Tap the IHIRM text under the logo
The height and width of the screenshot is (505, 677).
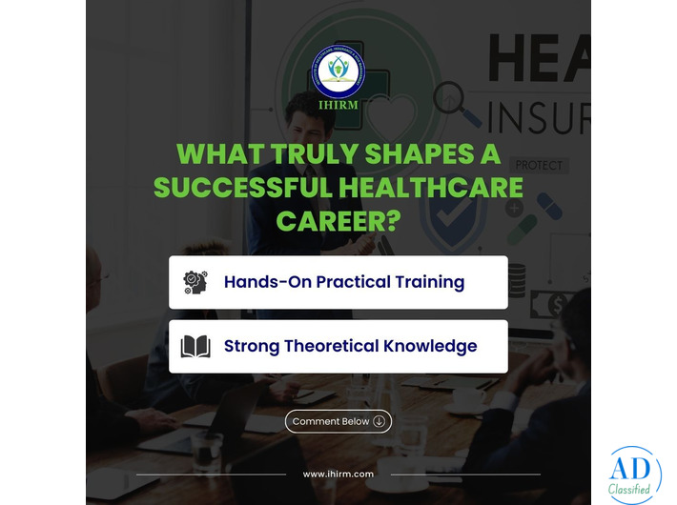click(338, 106)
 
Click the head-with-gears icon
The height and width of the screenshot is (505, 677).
click(195, 282)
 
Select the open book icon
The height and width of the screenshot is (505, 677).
click(195, 347)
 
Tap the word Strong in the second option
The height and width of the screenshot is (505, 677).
click(253, 346)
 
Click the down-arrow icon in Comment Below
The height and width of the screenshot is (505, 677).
click(380, 421)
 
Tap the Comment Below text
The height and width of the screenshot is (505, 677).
click(331, 421)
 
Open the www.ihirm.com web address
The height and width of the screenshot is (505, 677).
click(338, 474)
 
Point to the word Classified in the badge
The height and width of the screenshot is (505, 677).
click(634, 491)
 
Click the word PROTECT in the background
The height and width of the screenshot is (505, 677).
click(539, 165)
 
